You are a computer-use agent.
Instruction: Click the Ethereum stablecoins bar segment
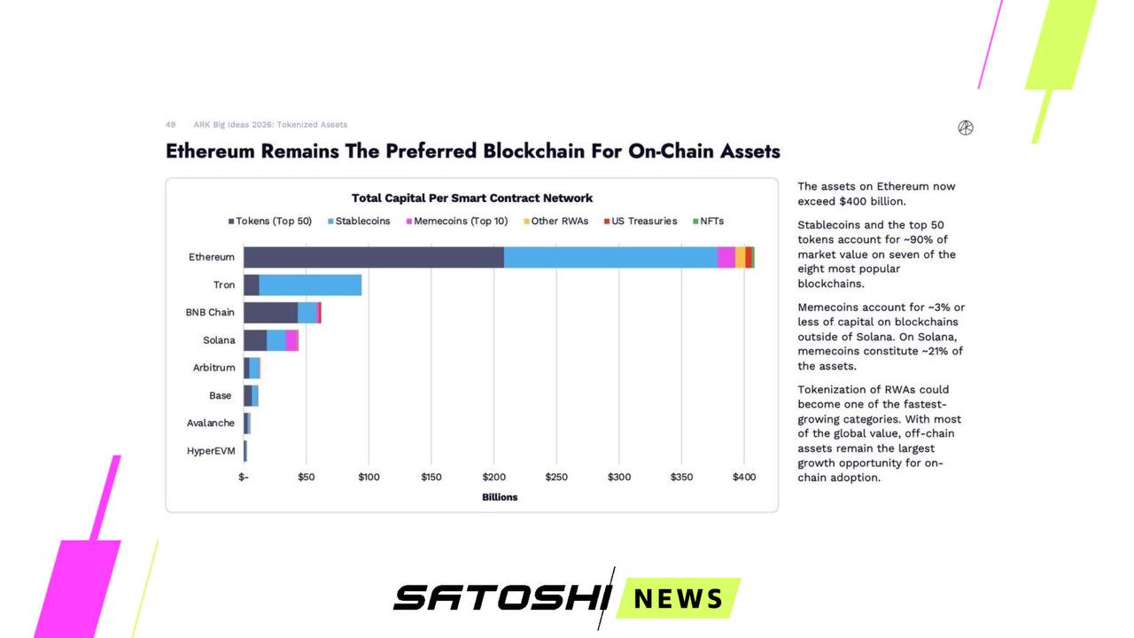pos(610,257)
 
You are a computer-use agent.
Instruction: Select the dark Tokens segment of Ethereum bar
pos(373,257)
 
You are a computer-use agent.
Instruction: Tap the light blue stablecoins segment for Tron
pos(310,285)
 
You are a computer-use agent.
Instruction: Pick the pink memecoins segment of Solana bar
pos(291,340)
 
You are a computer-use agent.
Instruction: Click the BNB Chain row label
pos(210,313)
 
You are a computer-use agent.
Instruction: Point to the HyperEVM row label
pos(211,451)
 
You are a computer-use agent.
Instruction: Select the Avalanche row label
pos(211,424)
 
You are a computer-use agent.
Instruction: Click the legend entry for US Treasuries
pos(644,222)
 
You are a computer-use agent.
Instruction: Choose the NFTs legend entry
pos(711,222)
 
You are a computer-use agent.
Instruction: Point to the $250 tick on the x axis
pos(556,478)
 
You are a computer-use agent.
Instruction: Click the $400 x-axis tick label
pos(744,478)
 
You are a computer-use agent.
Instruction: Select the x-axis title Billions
pos(500,497)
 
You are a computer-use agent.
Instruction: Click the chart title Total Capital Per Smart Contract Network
pos(472,198)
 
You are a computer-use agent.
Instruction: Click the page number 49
pos(170,125)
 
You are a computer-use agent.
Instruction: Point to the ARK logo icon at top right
pos(966,128)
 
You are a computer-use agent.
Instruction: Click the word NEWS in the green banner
pos(679,599)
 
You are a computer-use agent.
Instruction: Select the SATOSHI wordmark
pos(501,598)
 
